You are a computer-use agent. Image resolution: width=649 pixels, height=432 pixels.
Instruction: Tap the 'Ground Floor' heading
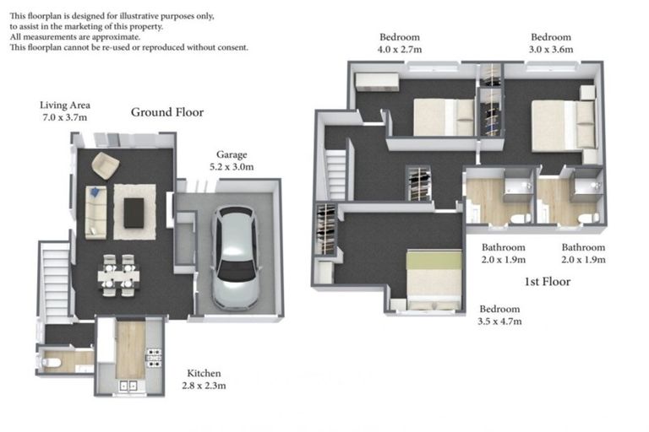pyautogui.click(x=166, y=112)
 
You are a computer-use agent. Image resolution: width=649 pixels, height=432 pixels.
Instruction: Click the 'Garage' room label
pyautogui.click(x=231, y=154)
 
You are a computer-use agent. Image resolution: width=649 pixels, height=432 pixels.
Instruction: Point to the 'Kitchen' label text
pyautogui.click(x=205, y=373)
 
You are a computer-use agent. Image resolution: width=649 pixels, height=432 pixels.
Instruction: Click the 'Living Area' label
pyautogui.click(x=65, y=105)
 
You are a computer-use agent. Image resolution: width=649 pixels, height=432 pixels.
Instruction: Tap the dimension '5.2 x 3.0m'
pyautogui.click(x=231, y=167)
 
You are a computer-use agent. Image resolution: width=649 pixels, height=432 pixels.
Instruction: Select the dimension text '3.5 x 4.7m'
pyautogui.click(x=499, y=321)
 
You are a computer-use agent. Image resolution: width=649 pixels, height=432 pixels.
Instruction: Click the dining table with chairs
pyautogui.click(x=117, y=275)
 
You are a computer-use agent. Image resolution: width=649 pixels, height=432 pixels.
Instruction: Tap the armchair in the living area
pyautogui.click(x=105, y=165)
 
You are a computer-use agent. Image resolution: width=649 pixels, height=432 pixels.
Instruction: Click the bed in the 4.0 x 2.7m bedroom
pyautogui.click(x=444, y=117)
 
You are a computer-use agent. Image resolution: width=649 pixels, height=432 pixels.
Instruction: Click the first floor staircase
pyautogui.click(x=336, y=175)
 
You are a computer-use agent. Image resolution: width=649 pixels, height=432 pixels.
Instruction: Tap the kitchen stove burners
pyautogui.click(x=153, y=358)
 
